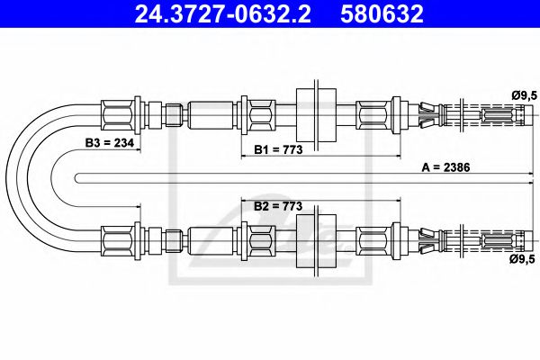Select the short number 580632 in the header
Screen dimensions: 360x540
click(x=382, y=14)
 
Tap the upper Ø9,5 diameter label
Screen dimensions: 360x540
click(x=525, y=94)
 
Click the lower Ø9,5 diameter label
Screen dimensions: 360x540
click(x=525, y=260)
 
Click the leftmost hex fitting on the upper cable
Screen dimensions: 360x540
click(x=117, y=115)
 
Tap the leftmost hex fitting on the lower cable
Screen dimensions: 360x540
click(x=117, y=239)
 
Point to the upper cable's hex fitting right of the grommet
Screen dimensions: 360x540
click(x=371, y=115)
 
